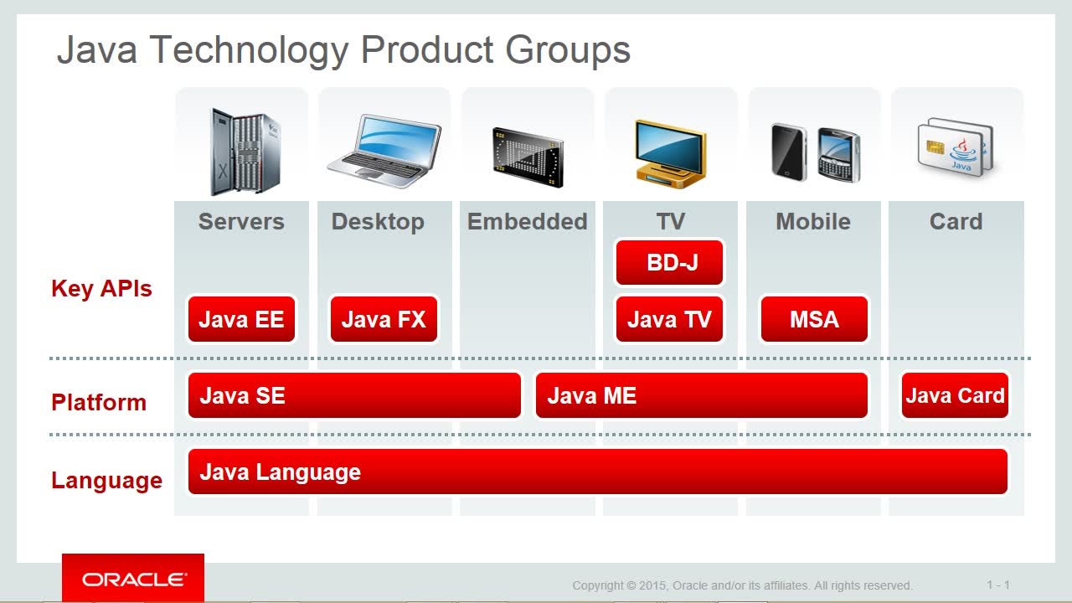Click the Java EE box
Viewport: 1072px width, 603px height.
tap(241, 319)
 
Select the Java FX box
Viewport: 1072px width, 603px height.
tap(384, 319)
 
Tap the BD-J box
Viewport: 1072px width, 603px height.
tap(669, 262)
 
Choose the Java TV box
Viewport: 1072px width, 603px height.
tap(669, 319)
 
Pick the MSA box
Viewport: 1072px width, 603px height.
tap(814, 319)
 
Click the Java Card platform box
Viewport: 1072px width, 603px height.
tap(955, 395)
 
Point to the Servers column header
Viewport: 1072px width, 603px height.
tap(241, 222)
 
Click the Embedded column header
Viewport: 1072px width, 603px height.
tap(527, 222)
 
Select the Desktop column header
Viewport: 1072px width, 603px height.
tap(378, 223)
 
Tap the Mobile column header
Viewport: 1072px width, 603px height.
tap(813, 222)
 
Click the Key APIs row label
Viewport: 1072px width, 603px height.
tap(101, 289)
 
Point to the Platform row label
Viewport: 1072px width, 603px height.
tap(99, 402)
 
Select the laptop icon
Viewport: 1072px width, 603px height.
tap(384, 151)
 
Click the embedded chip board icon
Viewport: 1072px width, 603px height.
tap(528, 157)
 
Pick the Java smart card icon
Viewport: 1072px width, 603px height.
tap(956, 147)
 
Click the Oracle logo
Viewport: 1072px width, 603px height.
tap(133, 579)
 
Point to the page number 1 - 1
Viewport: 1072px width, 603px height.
tap(998, 585)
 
